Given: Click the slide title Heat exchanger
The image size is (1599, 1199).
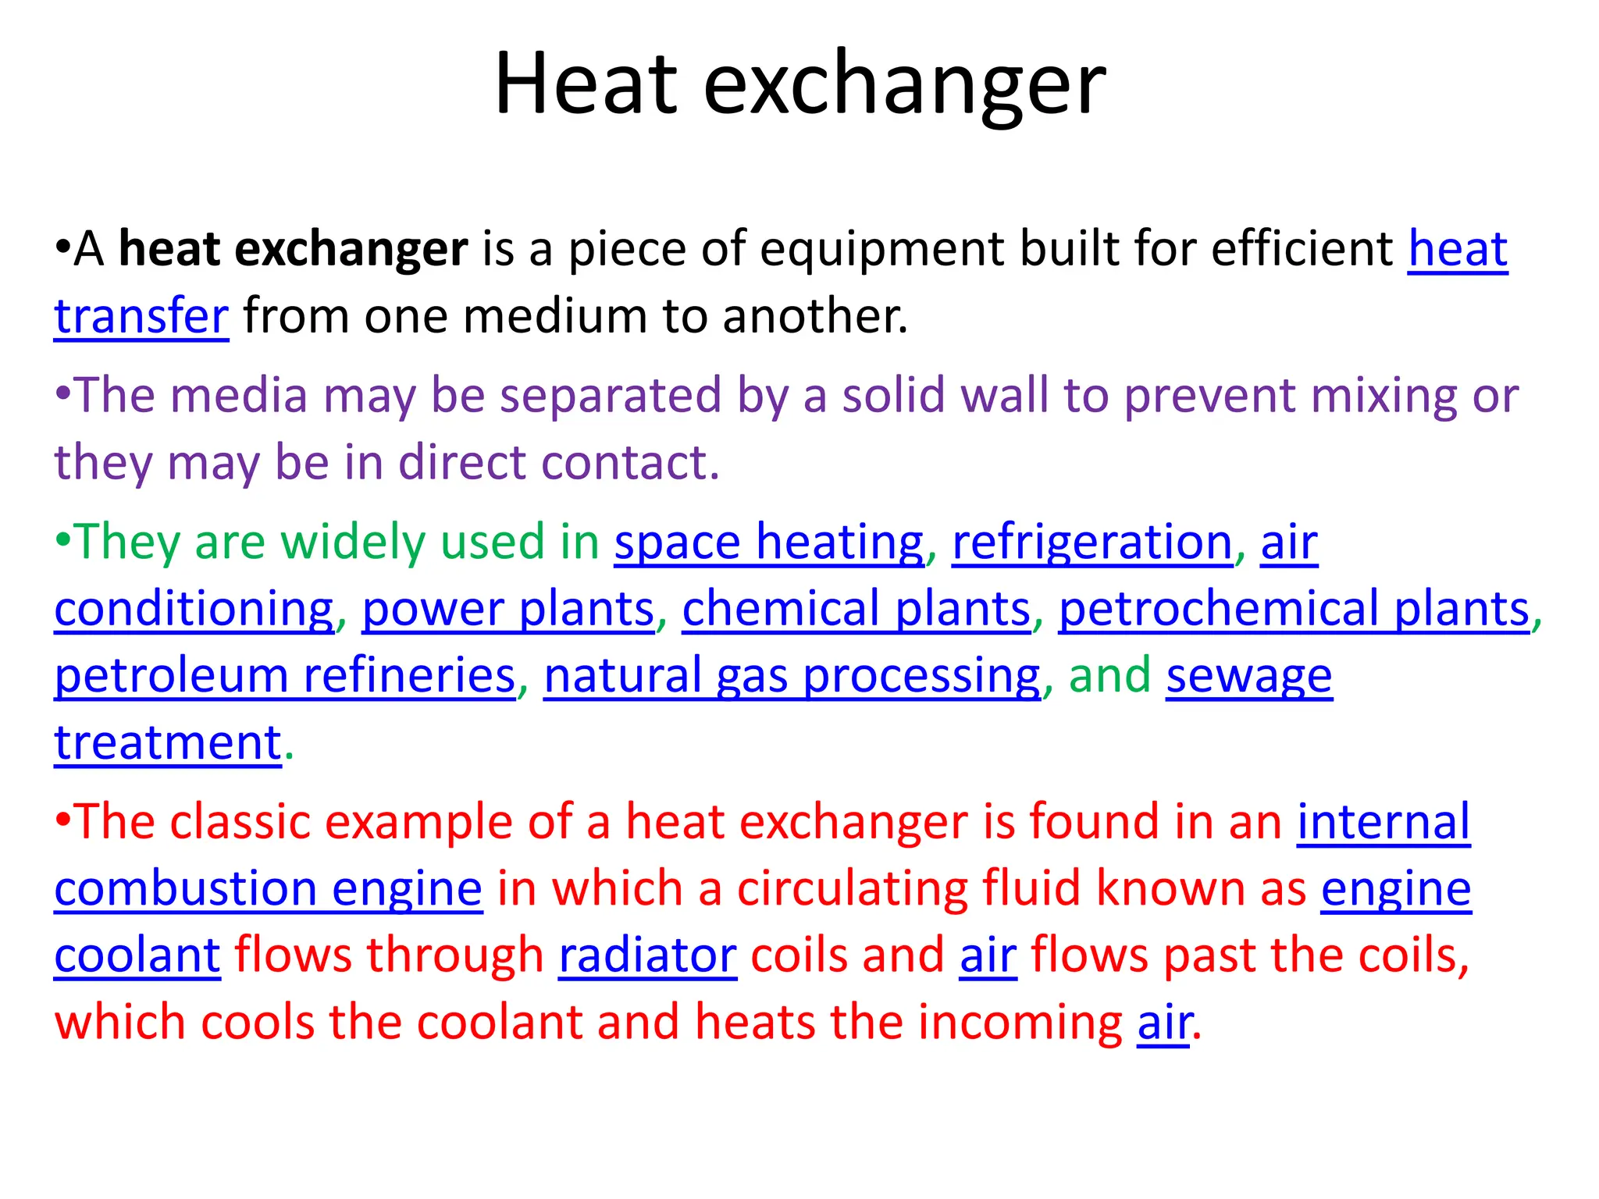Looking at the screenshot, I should click(x=799, y=84).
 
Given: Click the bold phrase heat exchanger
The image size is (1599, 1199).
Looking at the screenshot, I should click(x=293, y=249).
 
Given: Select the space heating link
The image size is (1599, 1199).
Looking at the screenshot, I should click(x=768, y=542).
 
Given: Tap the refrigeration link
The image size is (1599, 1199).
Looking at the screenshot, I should click(x=1092, y=542).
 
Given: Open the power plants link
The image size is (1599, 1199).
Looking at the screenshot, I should click(x=507, y=609).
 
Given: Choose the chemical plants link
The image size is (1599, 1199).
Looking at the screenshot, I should click(x=856, y=609).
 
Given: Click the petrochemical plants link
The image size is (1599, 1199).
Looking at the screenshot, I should click(x=1294, y=609).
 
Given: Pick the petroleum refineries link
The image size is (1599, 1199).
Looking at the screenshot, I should click(x=285, y=675).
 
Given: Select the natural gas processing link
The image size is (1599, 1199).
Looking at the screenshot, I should click(x=792, y=675).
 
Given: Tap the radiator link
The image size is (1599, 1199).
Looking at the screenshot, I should click(x=647, y=955).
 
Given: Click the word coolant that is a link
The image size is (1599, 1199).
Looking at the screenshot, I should click(x=137, y=955).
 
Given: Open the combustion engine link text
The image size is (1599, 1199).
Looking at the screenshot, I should click(x=268, y=889).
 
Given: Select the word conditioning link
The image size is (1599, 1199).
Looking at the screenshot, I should click(x=194, y=609).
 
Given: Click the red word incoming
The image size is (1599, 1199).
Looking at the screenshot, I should click(x=1020, y=1023).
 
